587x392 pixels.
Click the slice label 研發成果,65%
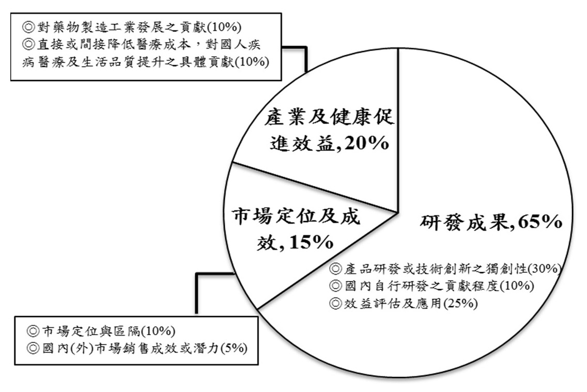[491, 222]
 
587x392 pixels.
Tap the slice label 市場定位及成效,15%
[296, 229]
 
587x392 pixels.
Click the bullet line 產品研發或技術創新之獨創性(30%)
[446, 269]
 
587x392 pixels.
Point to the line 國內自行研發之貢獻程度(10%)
[431, 286]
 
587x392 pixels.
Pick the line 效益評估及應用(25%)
[404, 303]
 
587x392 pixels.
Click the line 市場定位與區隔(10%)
[101, 331]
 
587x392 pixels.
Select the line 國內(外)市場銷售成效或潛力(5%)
[137, 349]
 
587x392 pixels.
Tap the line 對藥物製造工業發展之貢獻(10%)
[132, 27]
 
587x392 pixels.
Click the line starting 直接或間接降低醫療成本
[142, 44]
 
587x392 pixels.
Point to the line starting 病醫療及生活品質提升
[146, 62]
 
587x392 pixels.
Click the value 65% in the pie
[540, 222]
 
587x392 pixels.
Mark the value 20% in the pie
[366, 143]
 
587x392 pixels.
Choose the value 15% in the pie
[311, 242]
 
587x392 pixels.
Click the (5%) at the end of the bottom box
[234, 349]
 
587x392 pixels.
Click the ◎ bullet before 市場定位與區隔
[34, 331]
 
